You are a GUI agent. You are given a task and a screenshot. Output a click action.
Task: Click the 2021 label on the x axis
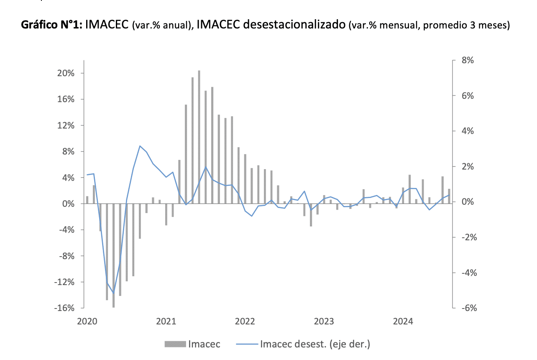[166, 321]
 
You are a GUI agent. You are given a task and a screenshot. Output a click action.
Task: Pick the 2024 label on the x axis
[403, 321]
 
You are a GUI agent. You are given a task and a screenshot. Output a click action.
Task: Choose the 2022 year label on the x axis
[245, 321]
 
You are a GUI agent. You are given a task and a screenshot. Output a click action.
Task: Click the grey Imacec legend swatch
[175, 345]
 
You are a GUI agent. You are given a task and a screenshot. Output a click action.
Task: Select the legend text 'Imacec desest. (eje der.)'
[315, 345]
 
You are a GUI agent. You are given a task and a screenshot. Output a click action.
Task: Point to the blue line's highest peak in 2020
[140, 146]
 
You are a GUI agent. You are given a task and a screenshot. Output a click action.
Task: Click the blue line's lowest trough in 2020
[113, 293]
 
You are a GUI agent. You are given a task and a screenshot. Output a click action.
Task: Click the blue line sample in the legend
[247, 345]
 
